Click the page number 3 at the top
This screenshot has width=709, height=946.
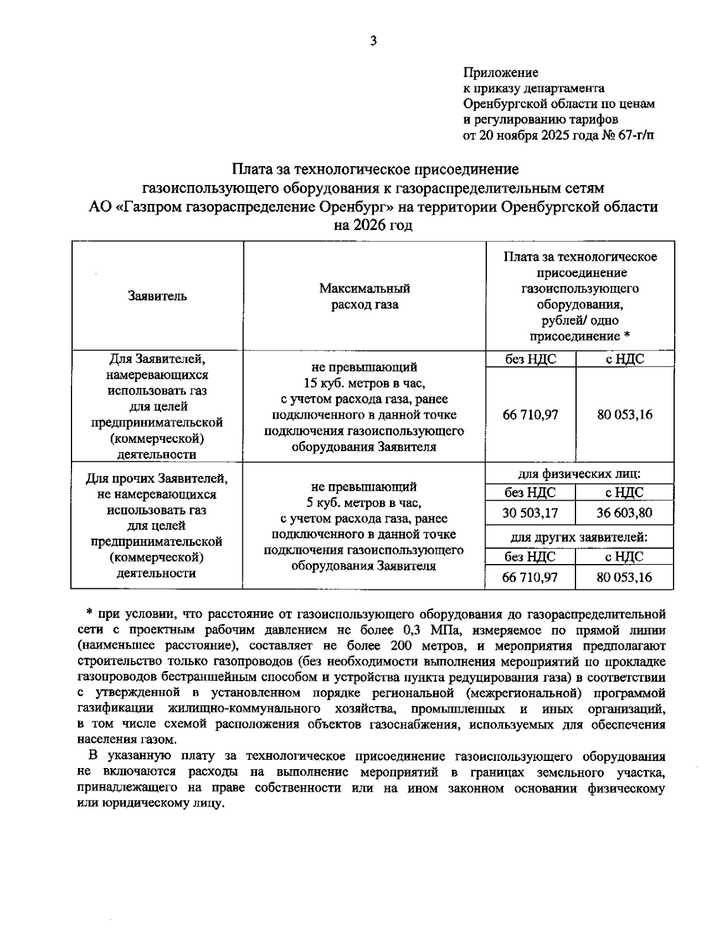373,41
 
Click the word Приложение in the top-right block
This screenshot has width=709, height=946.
500,73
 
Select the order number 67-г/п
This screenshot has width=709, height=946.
635,135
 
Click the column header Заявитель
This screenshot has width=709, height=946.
157,296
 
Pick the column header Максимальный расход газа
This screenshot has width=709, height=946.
365,297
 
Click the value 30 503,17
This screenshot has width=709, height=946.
530,513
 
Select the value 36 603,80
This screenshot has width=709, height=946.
625,513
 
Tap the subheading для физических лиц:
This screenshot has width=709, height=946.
580,474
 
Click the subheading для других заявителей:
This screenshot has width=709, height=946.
579,538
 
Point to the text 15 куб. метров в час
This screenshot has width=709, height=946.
364,383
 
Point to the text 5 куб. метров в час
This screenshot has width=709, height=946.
364,503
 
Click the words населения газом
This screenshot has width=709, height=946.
126,740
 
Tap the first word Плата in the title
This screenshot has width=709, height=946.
251,170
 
